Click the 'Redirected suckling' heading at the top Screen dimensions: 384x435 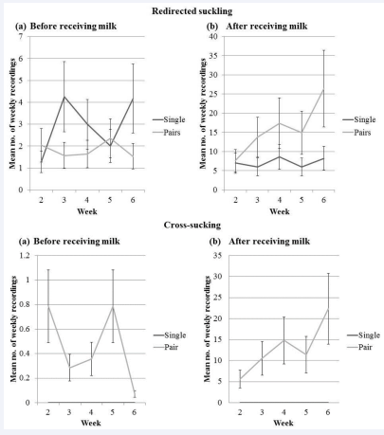[x=192, y=11]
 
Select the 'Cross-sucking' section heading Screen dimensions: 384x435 [x=192, y=225]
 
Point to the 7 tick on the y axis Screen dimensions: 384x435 [x=21, y=37]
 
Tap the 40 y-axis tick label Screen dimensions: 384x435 [x=214, y=37]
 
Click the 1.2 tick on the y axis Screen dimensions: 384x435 [x=25, y=255]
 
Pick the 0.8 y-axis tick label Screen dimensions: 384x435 [x=25, y=304]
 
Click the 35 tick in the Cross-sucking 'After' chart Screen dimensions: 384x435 [x=218, y=255]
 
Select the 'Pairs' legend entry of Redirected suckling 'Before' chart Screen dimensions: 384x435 [x=172, y=133]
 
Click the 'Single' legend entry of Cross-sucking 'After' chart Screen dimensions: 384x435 [x=369, y=335]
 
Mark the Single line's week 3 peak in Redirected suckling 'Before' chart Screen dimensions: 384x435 [x=64, y=97]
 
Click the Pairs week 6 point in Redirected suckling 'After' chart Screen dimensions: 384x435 [x=323, y=90]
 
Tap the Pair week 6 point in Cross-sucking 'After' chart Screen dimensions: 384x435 [x=328, y=308]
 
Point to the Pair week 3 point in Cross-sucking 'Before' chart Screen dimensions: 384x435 [x=69, y=368]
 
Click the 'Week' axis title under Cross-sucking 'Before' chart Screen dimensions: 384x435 [x=91, y=423]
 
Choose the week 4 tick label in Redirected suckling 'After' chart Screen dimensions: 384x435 [x=280, y=200]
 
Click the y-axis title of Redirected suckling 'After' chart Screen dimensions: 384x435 [x=203, y=113]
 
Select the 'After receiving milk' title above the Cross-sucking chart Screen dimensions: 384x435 [x=269, y=242]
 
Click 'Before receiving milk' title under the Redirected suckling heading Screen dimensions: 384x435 [x=73, y=26]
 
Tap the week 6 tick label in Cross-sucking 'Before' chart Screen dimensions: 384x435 [x=135, y=412]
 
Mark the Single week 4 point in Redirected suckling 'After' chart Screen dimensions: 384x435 [x=280, y=156]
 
